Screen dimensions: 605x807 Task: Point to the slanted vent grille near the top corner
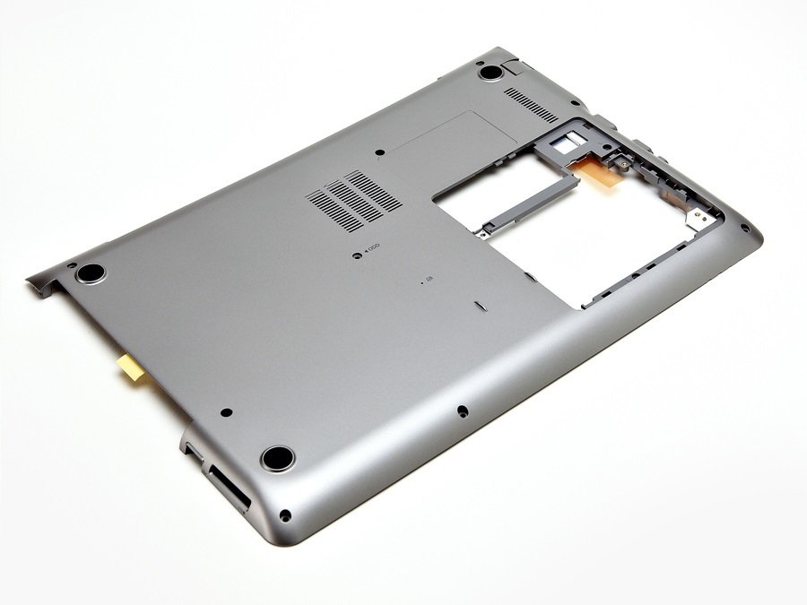click(x=530, y=104)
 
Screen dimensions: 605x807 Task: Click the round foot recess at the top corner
click(x=490, y=72)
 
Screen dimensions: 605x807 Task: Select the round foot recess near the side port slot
click(x=277, y=458)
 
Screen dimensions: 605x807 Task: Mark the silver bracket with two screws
click(x=696, y=212)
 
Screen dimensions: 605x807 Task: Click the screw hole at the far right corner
click(x=744, y=227)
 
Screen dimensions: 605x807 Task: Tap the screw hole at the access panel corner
click(x=379, y=153)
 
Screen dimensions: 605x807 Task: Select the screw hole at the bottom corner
click(x=285, y=515)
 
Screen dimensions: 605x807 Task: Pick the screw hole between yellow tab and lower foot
click(x=225, y=413)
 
